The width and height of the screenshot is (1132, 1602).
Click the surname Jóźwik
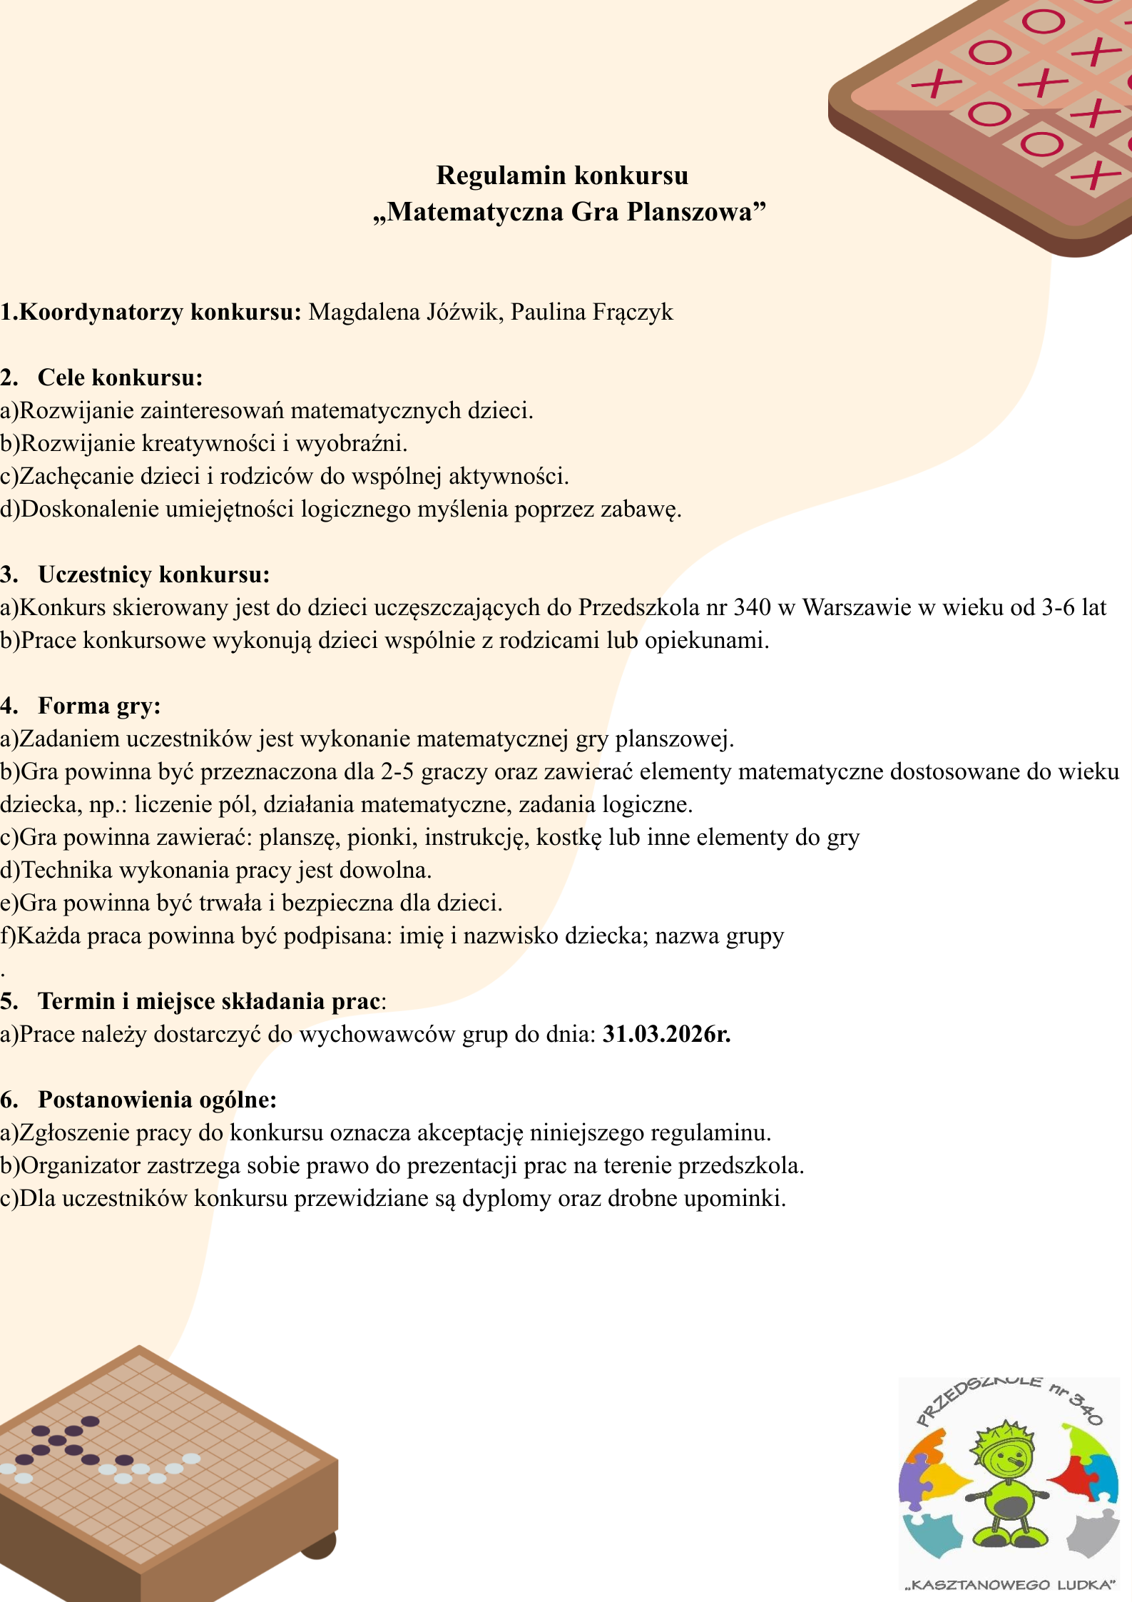click(x=463, y=313)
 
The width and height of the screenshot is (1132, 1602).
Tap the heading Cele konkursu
click(x=120, y=377)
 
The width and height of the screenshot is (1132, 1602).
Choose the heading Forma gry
click(x=99, y=706)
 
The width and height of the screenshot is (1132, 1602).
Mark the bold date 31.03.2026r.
click(x=667, y=1034)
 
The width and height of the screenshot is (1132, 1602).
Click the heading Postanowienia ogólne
click(x=157, y=1100)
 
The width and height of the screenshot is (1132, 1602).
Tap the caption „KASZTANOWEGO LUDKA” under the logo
click(x=1010, y=1585)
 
